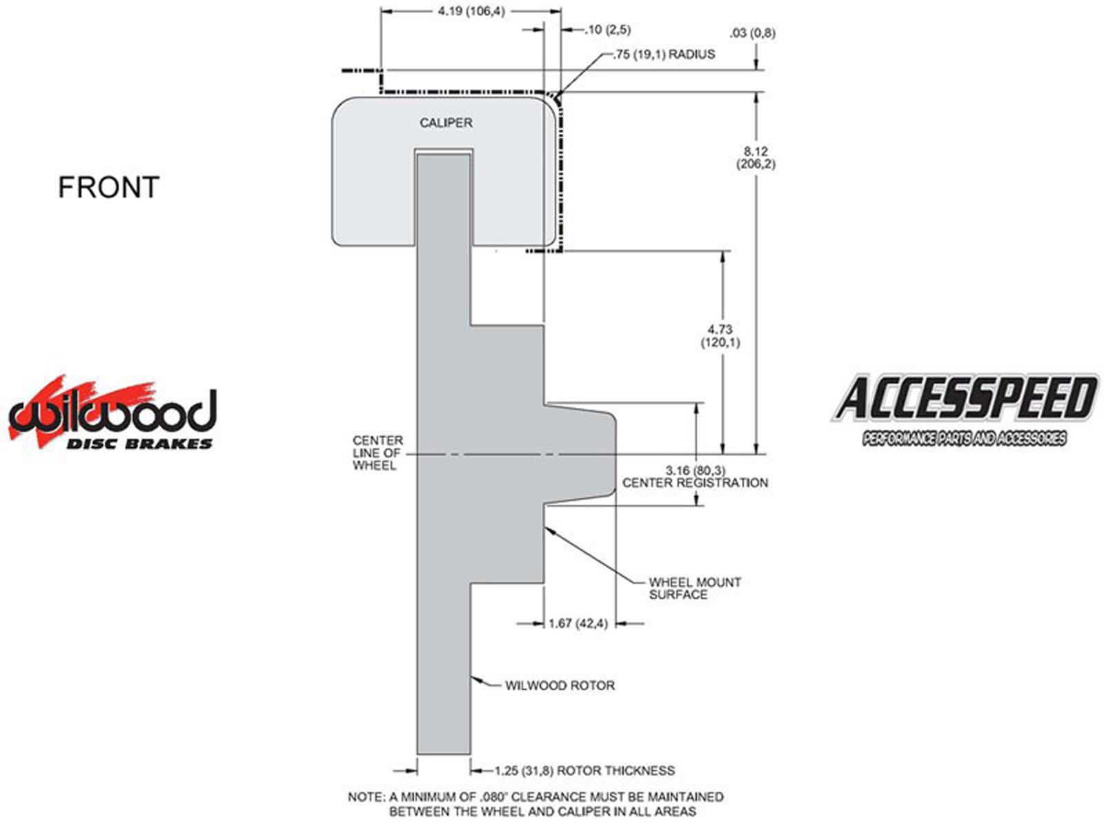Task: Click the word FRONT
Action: point(108,188)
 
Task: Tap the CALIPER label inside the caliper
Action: point(446,123)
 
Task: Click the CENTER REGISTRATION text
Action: point(695,483)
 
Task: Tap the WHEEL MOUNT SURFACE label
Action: point(694,589)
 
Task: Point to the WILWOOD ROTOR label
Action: point(560,686)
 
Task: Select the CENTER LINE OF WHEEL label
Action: point(377,453)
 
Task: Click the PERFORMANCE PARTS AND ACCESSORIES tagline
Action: point(964,439)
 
